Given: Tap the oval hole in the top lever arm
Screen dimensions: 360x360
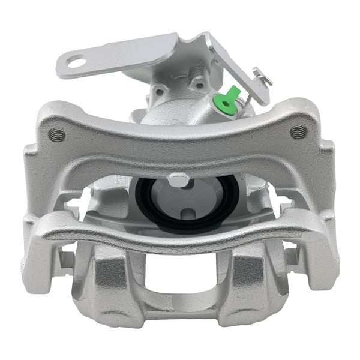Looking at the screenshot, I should click(76, 61).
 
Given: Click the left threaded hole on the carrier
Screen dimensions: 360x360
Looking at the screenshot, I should click(57, 133).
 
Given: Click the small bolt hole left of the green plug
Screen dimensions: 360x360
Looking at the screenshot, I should click(160, 91).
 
